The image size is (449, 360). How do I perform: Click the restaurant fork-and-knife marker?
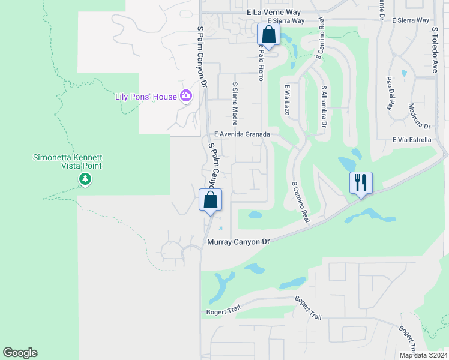tap(361, 182)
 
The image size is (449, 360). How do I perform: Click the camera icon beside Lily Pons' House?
tap(186, 96)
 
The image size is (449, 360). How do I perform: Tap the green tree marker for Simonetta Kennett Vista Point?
tap(85, 179)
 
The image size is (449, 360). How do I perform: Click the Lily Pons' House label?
tap(146, 97)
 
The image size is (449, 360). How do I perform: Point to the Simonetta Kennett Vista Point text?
tap(67, 161)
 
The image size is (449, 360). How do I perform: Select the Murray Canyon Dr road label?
tap(238, 241)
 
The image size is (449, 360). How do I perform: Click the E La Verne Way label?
tap(277, 12)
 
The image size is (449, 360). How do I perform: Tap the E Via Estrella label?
tap(412, 140)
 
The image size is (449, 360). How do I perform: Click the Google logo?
tap(20, 353)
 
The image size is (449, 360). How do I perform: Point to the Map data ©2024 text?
tap(423, 355)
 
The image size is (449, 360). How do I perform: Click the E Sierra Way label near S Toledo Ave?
tap(411, 20)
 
